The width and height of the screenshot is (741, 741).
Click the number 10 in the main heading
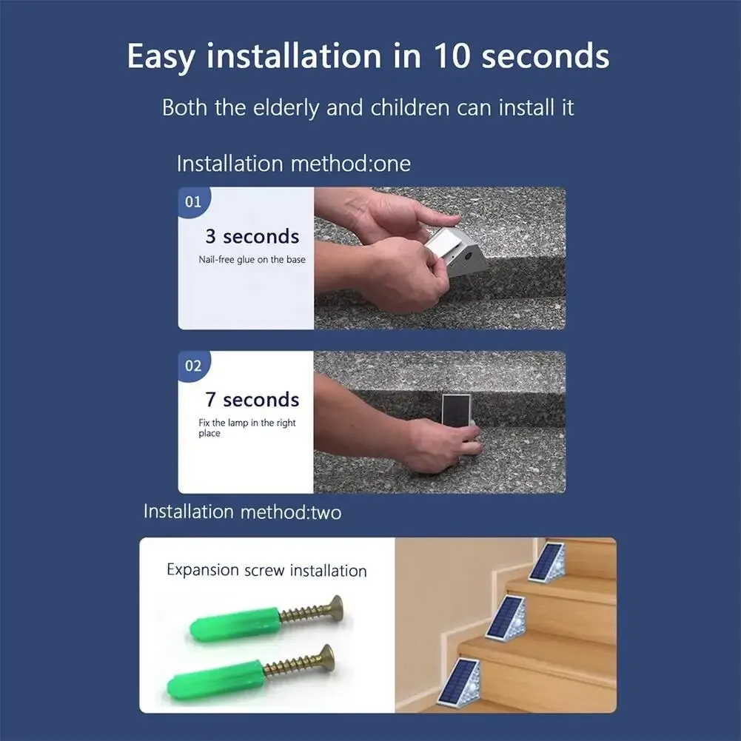pos(447,56)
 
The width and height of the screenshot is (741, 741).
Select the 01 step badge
pos(193,201)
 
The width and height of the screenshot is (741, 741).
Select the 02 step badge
pos(193,366)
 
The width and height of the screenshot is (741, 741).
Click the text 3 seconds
pos(252,237)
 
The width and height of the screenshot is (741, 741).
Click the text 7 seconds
pos(252,400)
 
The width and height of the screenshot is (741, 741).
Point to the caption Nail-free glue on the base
pos(252,260)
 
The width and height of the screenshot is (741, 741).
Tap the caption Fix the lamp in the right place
pos(247,428)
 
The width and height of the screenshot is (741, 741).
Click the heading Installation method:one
pos(293,164)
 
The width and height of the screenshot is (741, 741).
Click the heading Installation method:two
pos(242,512)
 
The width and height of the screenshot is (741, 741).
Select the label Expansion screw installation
pos(266,571)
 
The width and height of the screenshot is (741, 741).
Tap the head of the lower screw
pos(325,657)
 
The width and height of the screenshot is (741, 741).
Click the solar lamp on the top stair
pos(548,563)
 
